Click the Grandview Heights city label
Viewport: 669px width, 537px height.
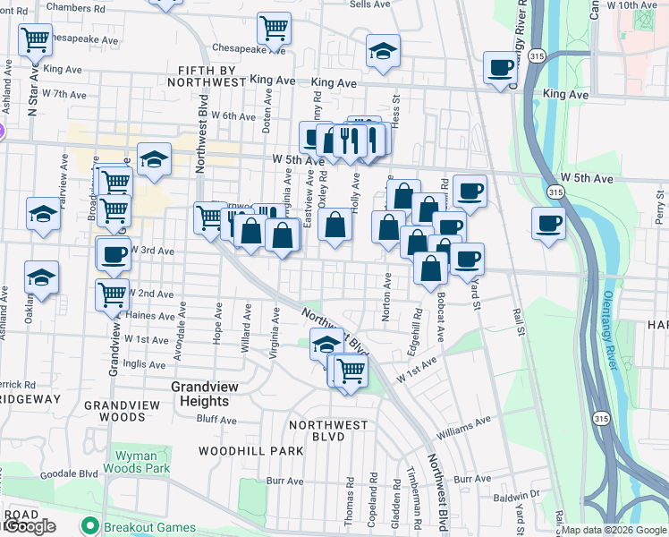206,395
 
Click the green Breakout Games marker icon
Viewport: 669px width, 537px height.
89,525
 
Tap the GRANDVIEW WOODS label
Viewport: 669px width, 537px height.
127,411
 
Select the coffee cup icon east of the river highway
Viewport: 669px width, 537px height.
548,224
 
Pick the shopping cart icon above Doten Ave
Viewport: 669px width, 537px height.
274,28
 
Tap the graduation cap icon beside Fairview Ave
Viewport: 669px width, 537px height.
42,215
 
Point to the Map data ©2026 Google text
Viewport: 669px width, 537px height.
614,530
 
